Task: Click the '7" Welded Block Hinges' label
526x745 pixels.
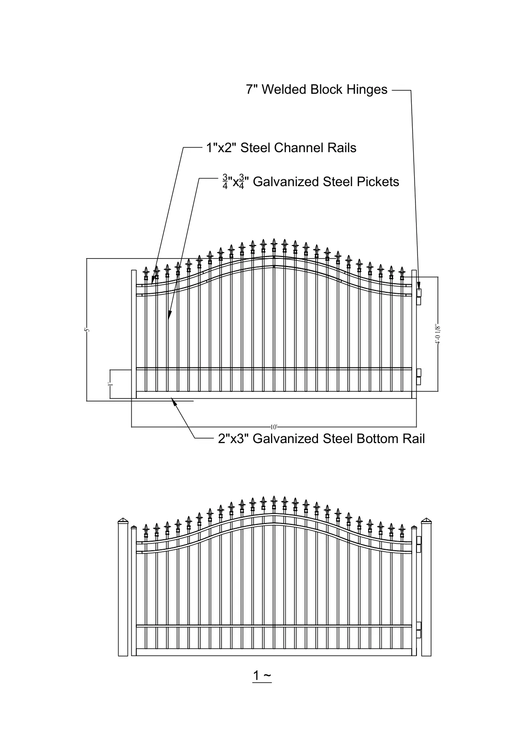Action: (x=317, y=90)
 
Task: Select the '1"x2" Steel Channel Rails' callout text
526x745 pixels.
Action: (x=281, y=148)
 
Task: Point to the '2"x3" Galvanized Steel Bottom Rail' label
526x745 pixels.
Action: (x=321, y=439)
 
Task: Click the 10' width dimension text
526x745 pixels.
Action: (x=274, y=427)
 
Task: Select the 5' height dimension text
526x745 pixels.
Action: (x=87, y=330)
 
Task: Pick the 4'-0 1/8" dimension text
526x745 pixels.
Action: (x=438, y=334)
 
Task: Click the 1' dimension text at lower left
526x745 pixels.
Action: (x=110, y=384)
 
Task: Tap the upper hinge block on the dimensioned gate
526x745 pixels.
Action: (x=419, y=297)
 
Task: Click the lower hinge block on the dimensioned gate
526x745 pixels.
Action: (x=419, y=377)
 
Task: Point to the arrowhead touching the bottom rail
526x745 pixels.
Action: (x=173, y=401)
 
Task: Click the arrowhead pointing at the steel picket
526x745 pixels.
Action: (x=169, y=315)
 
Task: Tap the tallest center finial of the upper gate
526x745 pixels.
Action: (x=274, y=245)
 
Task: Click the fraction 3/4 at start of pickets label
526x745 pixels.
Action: (x=225, y=182)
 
